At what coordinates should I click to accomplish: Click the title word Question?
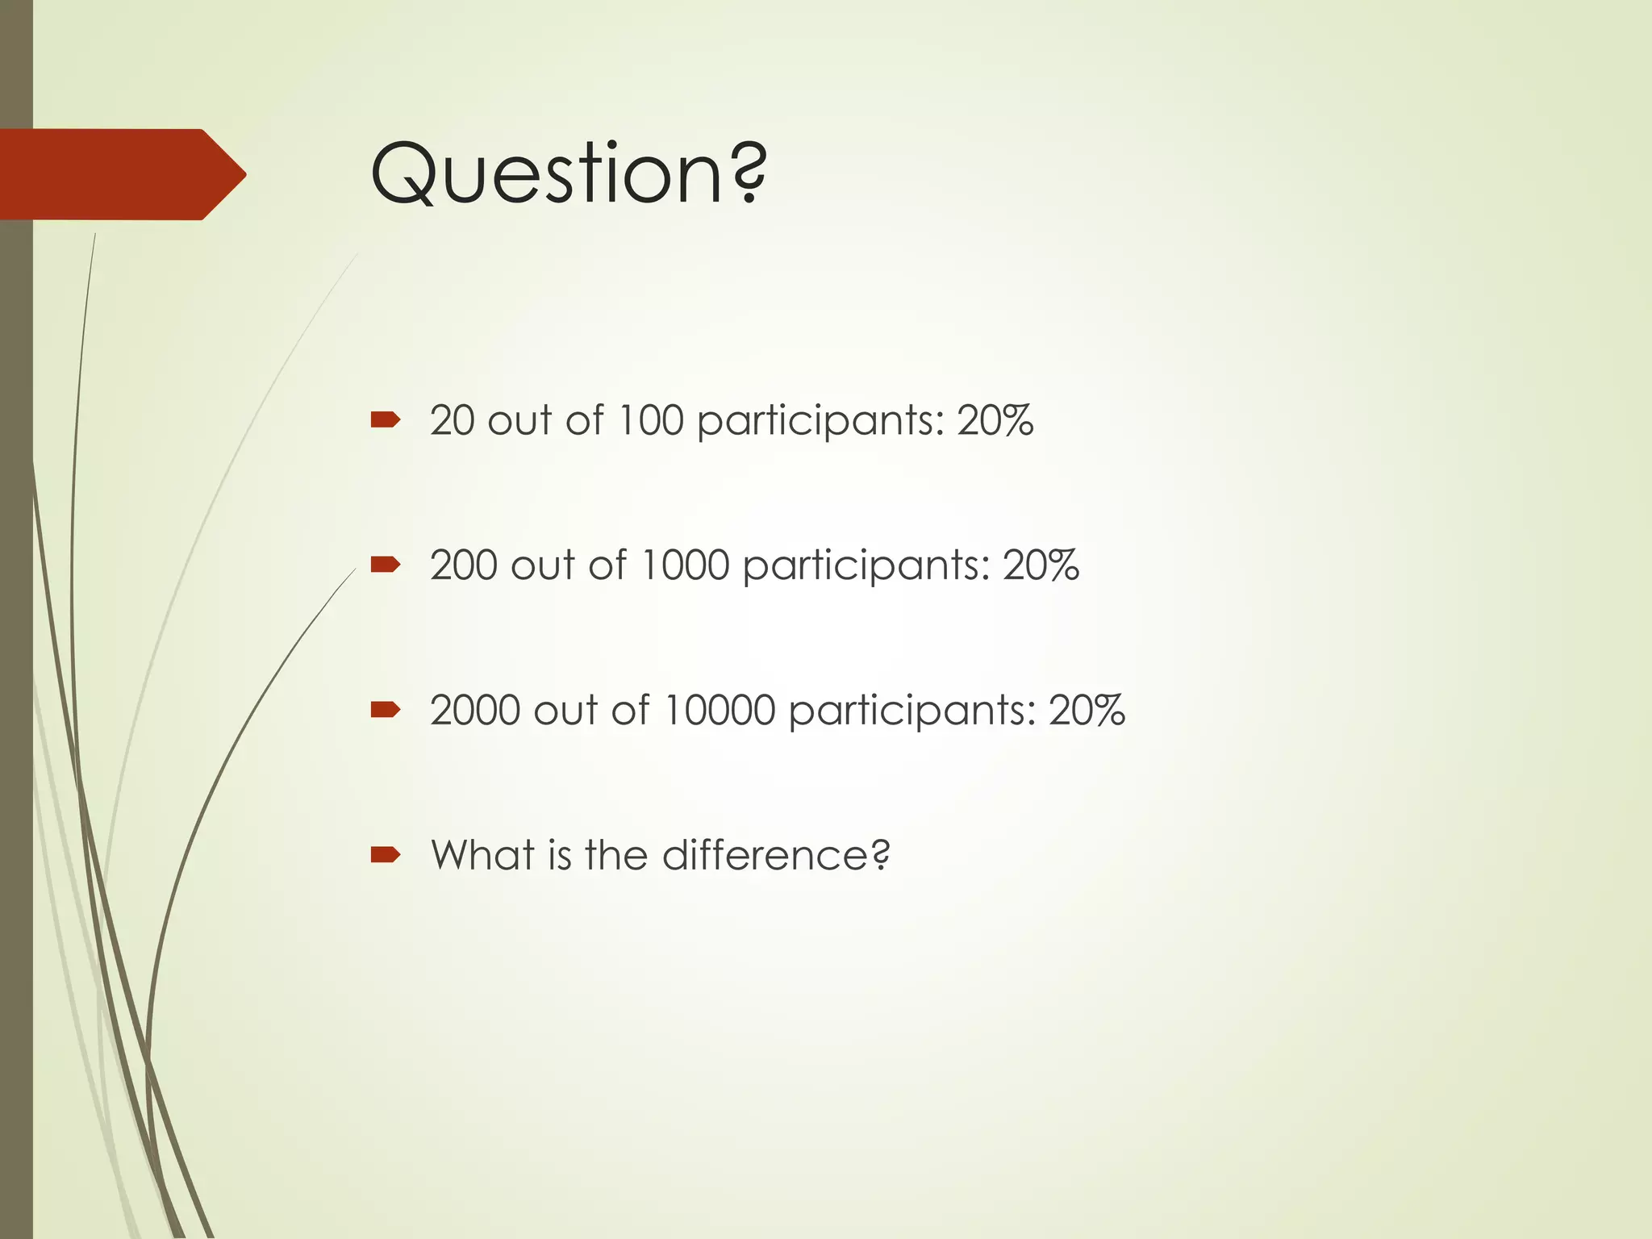(569, 173)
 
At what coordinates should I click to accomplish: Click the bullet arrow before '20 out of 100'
(386, 419)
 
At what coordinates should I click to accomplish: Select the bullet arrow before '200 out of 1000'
(386, 564)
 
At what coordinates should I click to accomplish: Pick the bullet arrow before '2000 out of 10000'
(386, 709)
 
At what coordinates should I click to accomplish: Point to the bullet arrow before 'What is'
(386, 854)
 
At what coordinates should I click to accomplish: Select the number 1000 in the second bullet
(684, 565)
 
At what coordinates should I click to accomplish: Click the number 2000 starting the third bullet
(475, 710)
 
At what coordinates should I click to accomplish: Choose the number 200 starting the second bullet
(464, 565)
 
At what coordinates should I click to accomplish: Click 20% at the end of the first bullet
(995, 420)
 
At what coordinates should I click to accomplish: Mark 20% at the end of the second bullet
(1041, 565)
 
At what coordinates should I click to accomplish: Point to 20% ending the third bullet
(1086, 710)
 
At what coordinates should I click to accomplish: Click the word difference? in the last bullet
(776, 855)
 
